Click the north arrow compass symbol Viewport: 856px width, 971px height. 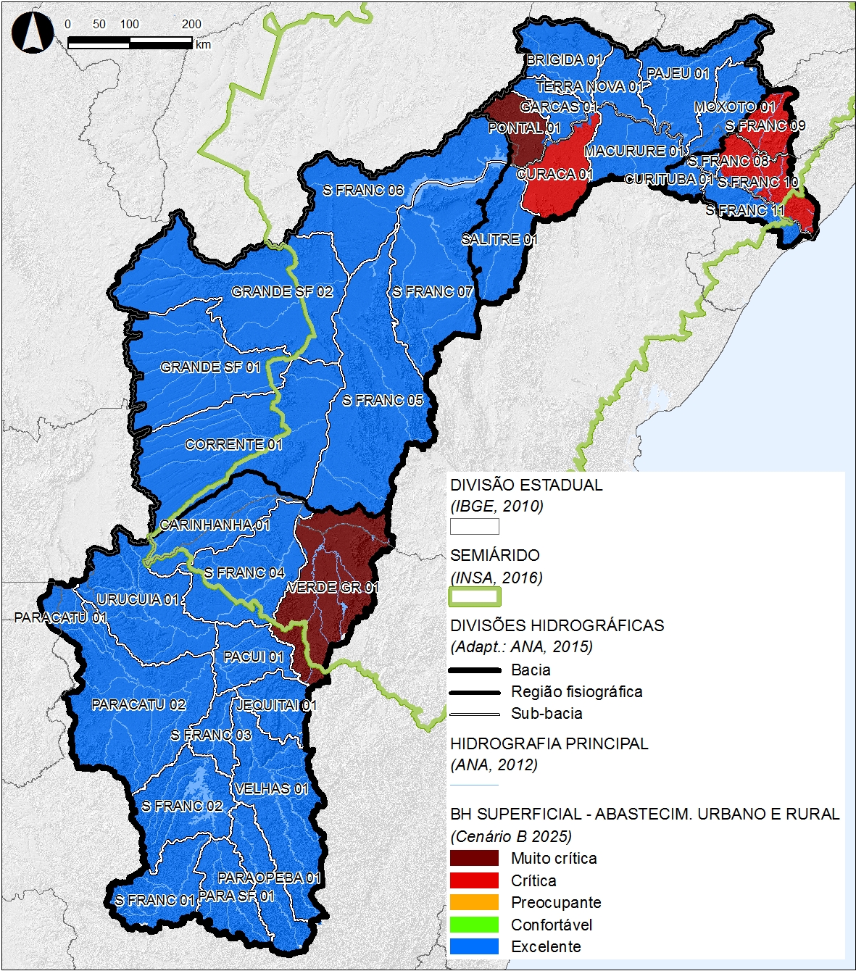tap(30, 33)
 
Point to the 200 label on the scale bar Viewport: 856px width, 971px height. tap(191, 24)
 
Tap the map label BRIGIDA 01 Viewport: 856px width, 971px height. tap(564, 59)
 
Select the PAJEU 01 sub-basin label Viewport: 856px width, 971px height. tap(678, 73)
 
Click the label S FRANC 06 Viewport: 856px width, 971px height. tap(363, 191)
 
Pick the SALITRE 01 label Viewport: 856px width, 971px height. tap(499, 239)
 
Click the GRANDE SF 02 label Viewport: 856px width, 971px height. tap(282, 292)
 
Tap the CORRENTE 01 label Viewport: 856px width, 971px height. tap(233, 445)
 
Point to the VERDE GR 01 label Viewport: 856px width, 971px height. tap(333, 587)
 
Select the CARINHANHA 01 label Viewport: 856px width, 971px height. tap(215, 525)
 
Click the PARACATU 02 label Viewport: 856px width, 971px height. tap(138, 704)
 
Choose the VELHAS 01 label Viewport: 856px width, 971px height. tap(271, 788)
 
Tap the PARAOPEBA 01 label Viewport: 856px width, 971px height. tap(269, 878)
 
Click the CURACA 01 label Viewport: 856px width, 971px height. tap(554, 175)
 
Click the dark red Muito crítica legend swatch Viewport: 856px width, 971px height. tap(474, 859)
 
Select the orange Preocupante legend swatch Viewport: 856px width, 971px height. tap(474, 903)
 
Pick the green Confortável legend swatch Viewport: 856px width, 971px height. tap(474, 925)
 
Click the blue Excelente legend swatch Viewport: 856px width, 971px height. tap(474, 946)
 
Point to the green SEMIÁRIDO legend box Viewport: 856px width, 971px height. tap(474, 597)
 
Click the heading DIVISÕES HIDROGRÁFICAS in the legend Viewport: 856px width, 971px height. tap(557, 625)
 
